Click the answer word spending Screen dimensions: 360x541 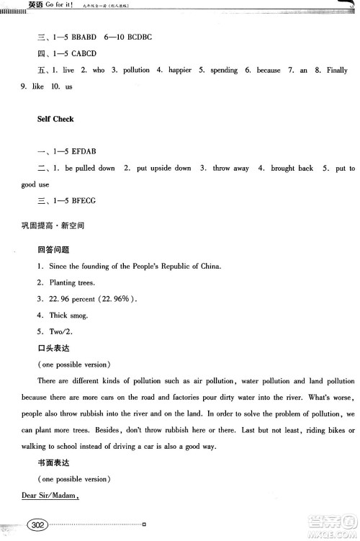coord(220,70)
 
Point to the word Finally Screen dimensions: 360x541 coord(336,70)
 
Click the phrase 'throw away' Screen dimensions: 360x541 coord(230,168)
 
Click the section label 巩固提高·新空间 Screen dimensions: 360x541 coord(53,226)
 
